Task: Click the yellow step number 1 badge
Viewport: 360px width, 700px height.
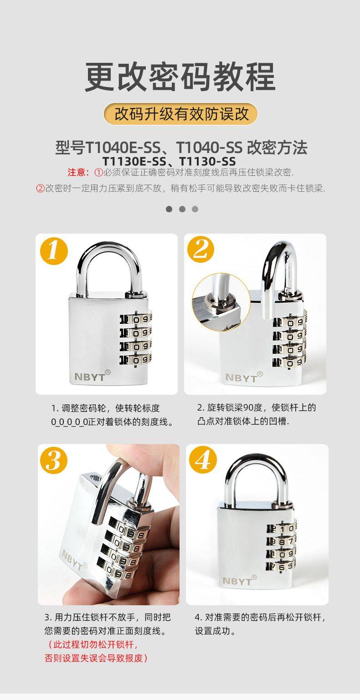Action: pyautogui.click(x=54, y=252)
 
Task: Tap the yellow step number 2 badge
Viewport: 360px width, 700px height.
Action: pyautogui.click(x=201, y=250)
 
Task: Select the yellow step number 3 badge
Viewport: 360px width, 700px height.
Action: pyautogui.click(x=53, y=460)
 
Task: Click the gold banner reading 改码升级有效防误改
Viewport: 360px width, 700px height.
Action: pyautogui.click(x=180, y=114)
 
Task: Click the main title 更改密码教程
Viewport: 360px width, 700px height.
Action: pyautogui.click(x=180, y=77)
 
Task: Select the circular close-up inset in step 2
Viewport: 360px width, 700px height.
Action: pyautogui.click(x=221, y=301)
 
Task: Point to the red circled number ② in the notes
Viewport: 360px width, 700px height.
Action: pyautogui.click(x=41, y=188)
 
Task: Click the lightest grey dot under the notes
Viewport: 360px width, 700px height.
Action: pyautogui.click(x=195, y=209)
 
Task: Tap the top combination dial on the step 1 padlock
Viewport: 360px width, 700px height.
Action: pyautogui.click(x=136, y=319)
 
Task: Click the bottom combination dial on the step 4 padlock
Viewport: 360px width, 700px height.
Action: pyautogui.click(x=281, y=566)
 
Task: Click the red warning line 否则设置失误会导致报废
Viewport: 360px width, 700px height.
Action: pyautogui.click(x=96, y=658)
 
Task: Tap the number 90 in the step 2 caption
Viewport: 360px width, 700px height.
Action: pyautogui.click(x=249, y=408)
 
